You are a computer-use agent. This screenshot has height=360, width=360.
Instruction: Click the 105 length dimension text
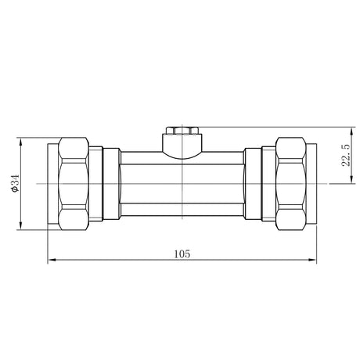point(182,254)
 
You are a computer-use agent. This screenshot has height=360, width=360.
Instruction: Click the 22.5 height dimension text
point(346,155)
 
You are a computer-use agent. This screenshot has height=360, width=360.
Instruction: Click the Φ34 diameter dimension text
point(16,183)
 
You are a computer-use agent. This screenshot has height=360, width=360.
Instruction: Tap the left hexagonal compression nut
point(74,184)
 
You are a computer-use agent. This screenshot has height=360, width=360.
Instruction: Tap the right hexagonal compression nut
point(291,184)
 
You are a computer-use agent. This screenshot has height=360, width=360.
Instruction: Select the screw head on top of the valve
point(182,131)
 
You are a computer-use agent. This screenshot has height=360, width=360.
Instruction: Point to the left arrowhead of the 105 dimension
point(52,260)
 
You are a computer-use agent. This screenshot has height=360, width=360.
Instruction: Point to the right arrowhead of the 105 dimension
point(312,260)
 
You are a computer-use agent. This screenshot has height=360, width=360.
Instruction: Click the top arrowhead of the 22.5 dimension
point(352,131)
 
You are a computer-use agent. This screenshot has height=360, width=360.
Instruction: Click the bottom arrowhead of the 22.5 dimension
point(352,179)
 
